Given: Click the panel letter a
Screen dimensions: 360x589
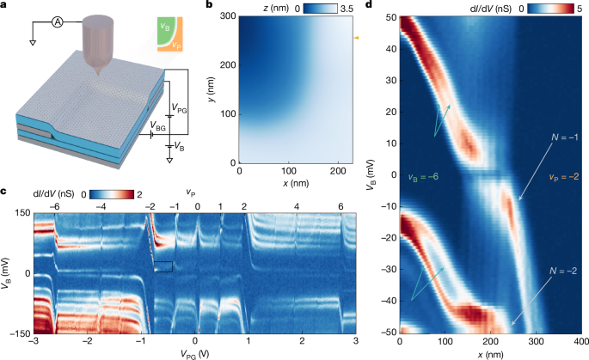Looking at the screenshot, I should pyautogui.click(x=5, y=7).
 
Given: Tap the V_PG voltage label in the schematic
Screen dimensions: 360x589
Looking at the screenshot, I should pyautogui.click(x=179, y=109).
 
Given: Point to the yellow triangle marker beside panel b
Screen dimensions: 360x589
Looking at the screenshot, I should pyautogui.click(x=357, y=38).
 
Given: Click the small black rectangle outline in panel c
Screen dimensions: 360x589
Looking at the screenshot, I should pyautogui.click(x=164, y=266).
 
